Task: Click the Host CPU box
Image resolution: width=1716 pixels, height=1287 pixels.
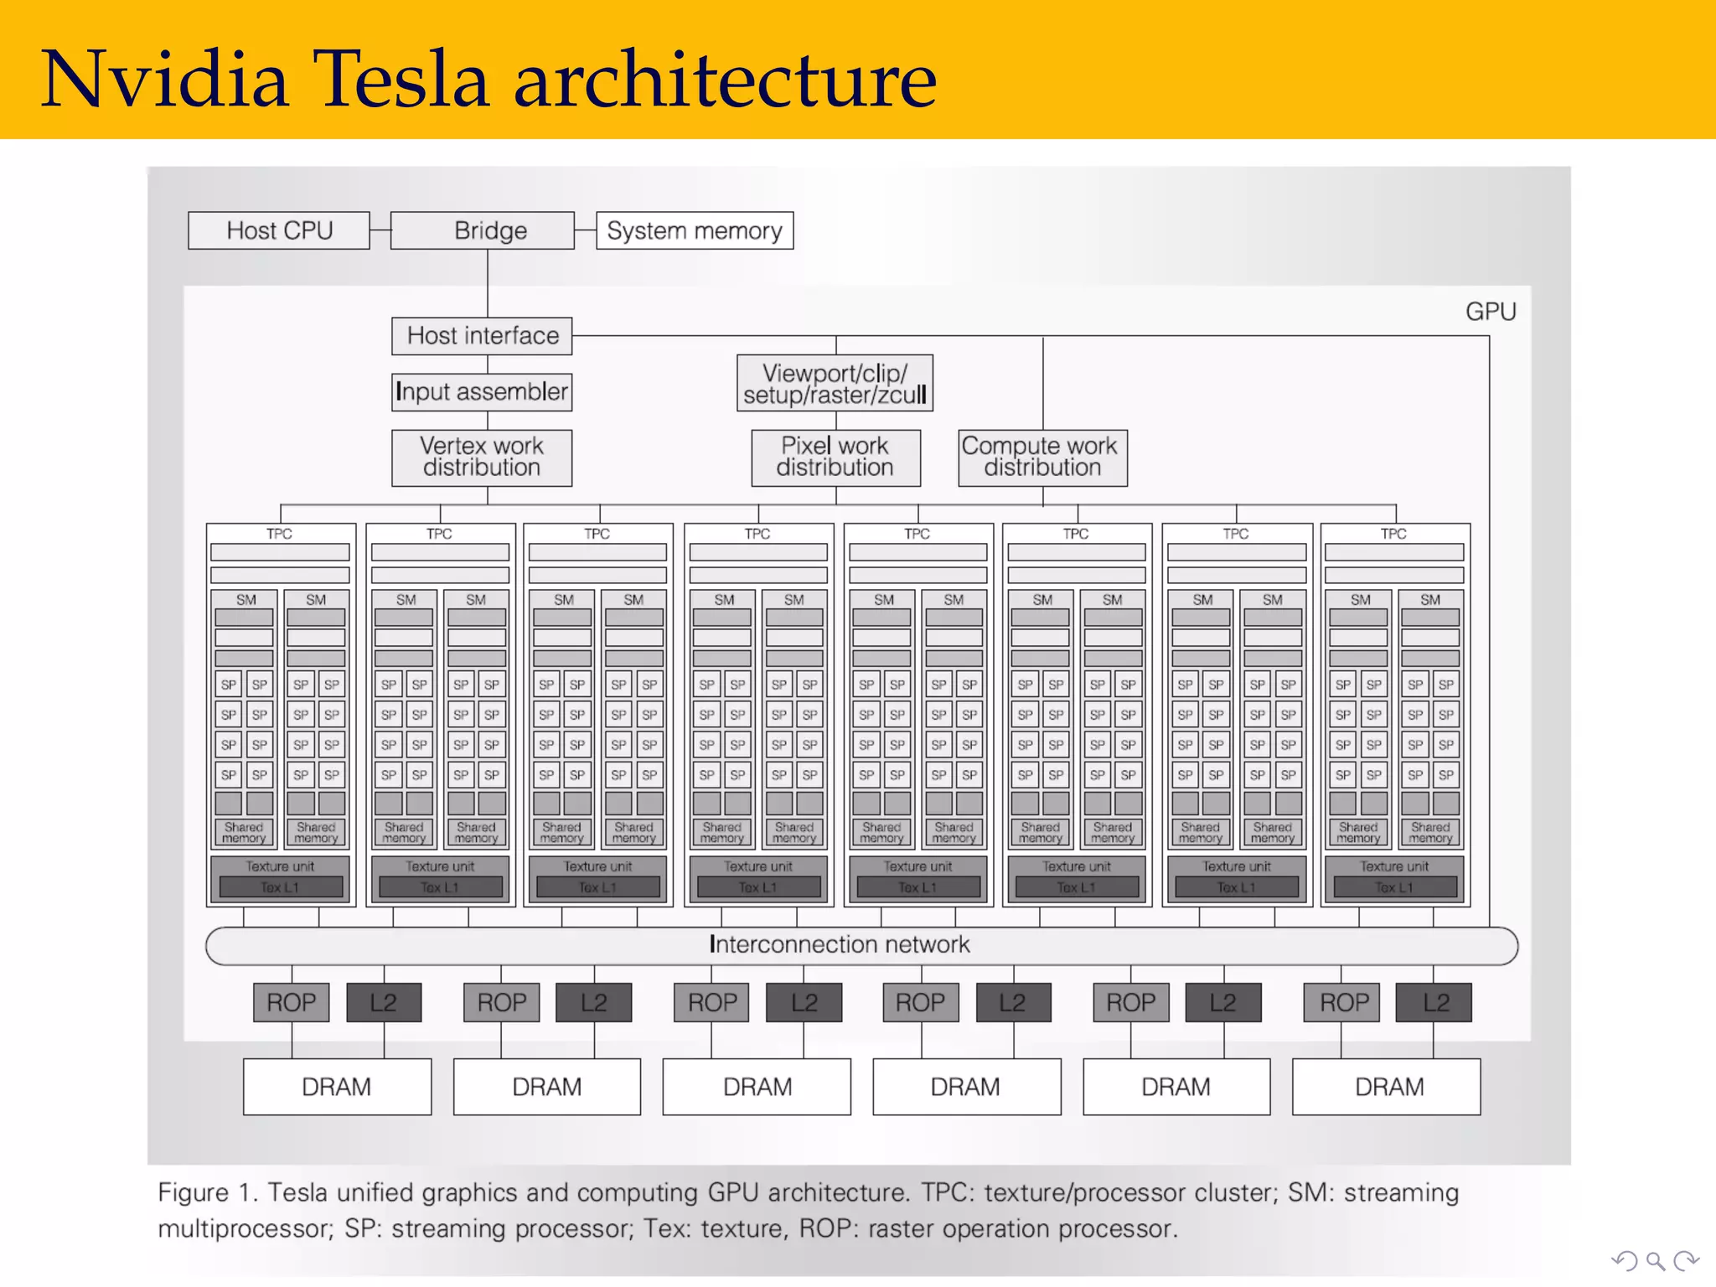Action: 279,230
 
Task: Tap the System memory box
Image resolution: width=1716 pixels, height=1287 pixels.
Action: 695,230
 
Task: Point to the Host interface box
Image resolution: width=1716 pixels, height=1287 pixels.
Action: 482,336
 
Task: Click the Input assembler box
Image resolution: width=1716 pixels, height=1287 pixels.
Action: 482,392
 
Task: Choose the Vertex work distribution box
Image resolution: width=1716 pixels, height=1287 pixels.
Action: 482,457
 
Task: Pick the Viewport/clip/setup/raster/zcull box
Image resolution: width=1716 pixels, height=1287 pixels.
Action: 835,384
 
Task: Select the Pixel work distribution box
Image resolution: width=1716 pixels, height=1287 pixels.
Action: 835,457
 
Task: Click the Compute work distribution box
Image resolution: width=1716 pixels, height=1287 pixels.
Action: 1042,457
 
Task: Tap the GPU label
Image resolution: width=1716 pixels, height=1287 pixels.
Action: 1491,312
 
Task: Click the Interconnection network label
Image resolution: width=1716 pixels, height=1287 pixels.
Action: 840,945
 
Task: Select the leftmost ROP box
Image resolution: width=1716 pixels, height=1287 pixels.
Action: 292,1002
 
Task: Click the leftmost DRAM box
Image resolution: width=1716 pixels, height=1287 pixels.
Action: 337,1087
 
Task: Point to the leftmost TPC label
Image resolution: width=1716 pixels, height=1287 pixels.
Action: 279,534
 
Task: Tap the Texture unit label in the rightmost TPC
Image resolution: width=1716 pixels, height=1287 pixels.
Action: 1394,866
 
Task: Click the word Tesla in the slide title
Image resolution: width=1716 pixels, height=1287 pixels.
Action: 401,80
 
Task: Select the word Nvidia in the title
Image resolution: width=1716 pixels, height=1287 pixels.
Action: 165,80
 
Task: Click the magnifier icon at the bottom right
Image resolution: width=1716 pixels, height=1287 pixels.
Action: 1655,1261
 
